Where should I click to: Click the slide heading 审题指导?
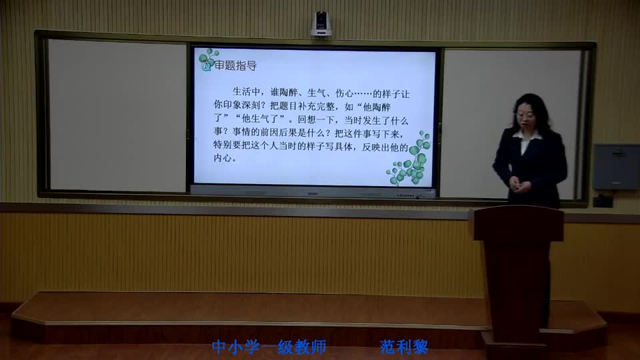click(x=235, y=66)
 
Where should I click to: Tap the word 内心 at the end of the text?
click(x=224, y=159)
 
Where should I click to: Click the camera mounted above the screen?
click(x=321, y=24)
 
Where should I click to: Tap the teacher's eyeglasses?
click(x=524, y=115)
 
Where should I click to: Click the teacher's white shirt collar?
click(x=526, y=136)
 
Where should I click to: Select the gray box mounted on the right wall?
click(x=615, y=167)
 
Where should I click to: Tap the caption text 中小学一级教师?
click(x=269, y=347)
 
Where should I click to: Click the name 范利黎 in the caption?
click(x=403, y=347)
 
